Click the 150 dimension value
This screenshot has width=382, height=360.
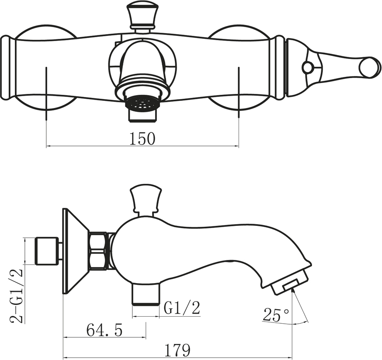pyautogui.click(x=142, y=138)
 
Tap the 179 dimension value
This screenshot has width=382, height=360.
pyautogui.click(x=177, y=350)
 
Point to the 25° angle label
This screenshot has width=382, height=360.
pyautogui.click(x=276, y=315)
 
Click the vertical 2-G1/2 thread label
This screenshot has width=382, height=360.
pyautogui.click(x=16, y=296)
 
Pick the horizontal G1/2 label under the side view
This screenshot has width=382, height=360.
pyautogui.click(x=182, y=308)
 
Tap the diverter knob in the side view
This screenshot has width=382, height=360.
pyautogui.click(x=146, y=198)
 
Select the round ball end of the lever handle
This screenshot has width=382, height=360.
pyautogui.click(x=370, y=67)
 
